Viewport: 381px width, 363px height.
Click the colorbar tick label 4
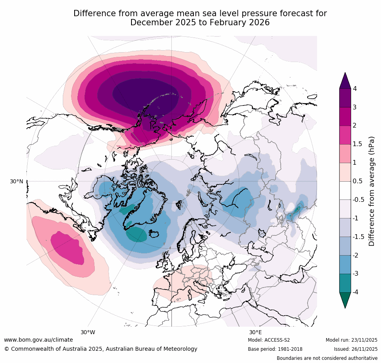pyautogui.click(x=355, y=89)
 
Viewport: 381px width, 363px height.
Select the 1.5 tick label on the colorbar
pyautogui.click(x=357, y=144)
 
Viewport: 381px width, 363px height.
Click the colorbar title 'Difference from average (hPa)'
pyautogui.click(x=372, y=191)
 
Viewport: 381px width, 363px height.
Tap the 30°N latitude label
pyautogui.click(x=17, y=181)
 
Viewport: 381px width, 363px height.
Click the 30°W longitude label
pyautogui.click(x=88, y=332)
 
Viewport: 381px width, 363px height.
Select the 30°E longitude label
pyautogui.click(x=255, y=332)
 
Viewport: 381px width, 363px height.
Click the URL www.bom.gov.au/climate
pyautogui.click(x=38, y=340)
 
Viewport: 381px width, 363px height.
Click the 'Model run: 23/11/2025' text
pyautogui.click(x=351, y=340)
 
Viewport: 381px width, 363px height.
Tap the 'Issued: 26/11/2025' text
pyautogui.click(x=355, y=349)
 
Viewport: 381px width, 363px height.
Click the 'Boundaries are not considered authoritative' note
pyautogui.click(x=327, y=358)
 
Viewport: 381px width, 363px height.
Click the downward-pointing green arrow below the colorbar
pyautogui.click(x=345, y=300)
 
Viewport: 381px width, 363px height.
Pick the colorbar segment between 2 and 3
pyautogui.click(x=345, y=117)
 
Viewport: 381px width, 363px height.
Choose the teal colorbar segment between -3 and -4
pyautogui.click(x=345, y=283)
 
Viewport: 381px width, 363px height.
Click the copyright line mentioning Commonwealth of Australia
pyautogui.click(x=101, y=349)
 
